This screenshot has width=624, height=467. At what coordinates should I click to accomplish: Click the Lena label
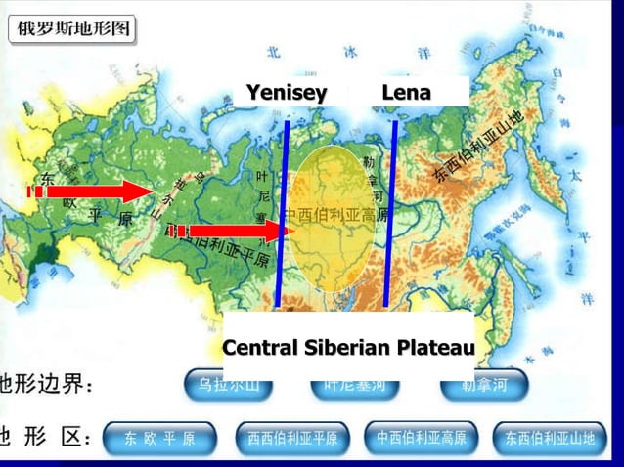406,93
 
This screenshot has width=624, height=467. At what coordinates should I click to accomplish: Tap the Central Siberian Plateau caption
348,347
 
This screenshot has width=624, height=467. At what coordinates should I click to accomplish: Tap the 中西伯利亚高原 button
422,438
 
